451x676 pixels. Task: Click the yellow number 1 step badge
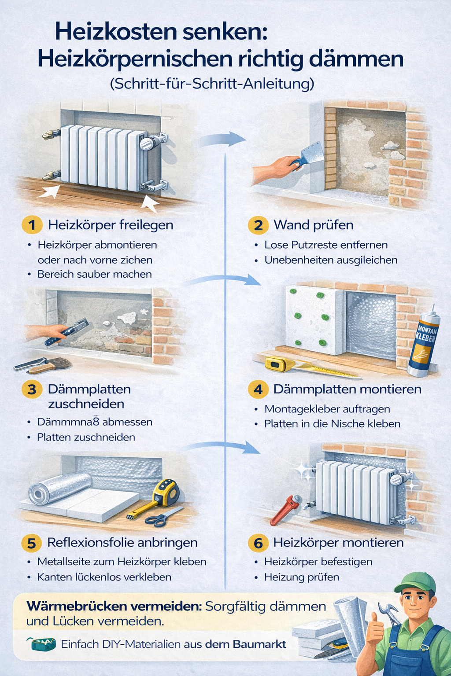click(32, 225)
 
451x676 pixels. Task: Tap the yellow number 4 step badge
click(258, 389)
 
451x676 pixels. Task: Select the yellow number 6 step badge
click(258, 543)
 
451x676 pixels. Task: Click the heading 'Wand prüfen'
click(313, 225)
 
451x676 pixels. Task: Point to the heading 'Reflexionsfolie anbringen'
click(122, 543)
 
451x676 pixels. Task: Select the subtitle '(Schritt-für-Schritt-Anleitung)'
click(212, 84)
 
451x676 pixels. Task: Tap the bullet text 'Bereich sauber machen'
click(94, 274)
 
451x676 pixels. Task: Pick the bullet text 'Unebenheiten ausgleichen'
click(331, 260)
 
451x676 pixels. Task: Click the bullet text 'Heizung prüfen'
click(302, 577)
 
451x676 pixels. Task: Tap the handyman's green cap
click(414, 582)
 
